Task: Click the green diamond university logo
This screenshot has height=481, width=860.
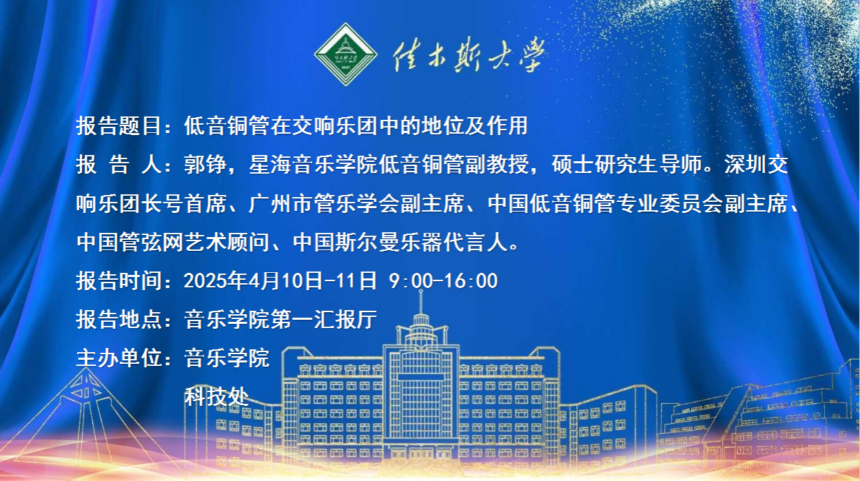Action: (x=345, y=54)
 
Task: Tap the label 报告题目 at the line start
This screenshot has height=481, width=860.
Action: (x=119, y=125)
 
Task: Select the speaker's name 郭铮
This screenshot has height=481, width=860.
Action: (x=205, y=164)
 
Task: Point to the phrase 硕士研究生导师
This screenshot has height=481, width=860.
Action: (x=626, y=164)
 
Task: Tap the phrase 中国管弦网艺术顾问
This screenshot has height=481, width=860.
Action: (x=173, y=243)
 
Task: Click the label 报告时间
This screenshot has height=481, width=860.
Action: (x=119, y=280)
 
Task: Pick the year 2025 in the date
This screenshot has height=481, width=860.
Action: (x=205, y=280)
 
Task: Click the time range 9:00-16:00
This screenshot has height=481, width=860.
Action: (x=444, y=280)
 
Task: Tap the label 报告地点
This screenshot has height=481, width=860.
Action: (x=119, y=319)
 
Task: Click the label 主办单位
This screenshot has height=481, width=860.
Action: (x=119, y=358)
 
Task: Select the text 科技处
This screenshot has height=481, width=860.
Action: (x=216, y=396)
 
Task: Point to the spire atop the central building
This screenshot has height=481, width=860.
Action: (x=421, y=302)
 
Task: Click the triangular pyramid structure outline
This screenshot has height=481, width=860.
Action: (x=86, y=416)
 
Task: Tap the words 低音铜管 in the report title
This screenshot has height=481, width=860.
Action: (x=227, y=125)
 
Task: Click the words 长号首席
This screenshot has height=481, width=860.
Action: (x=183, y=203)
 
